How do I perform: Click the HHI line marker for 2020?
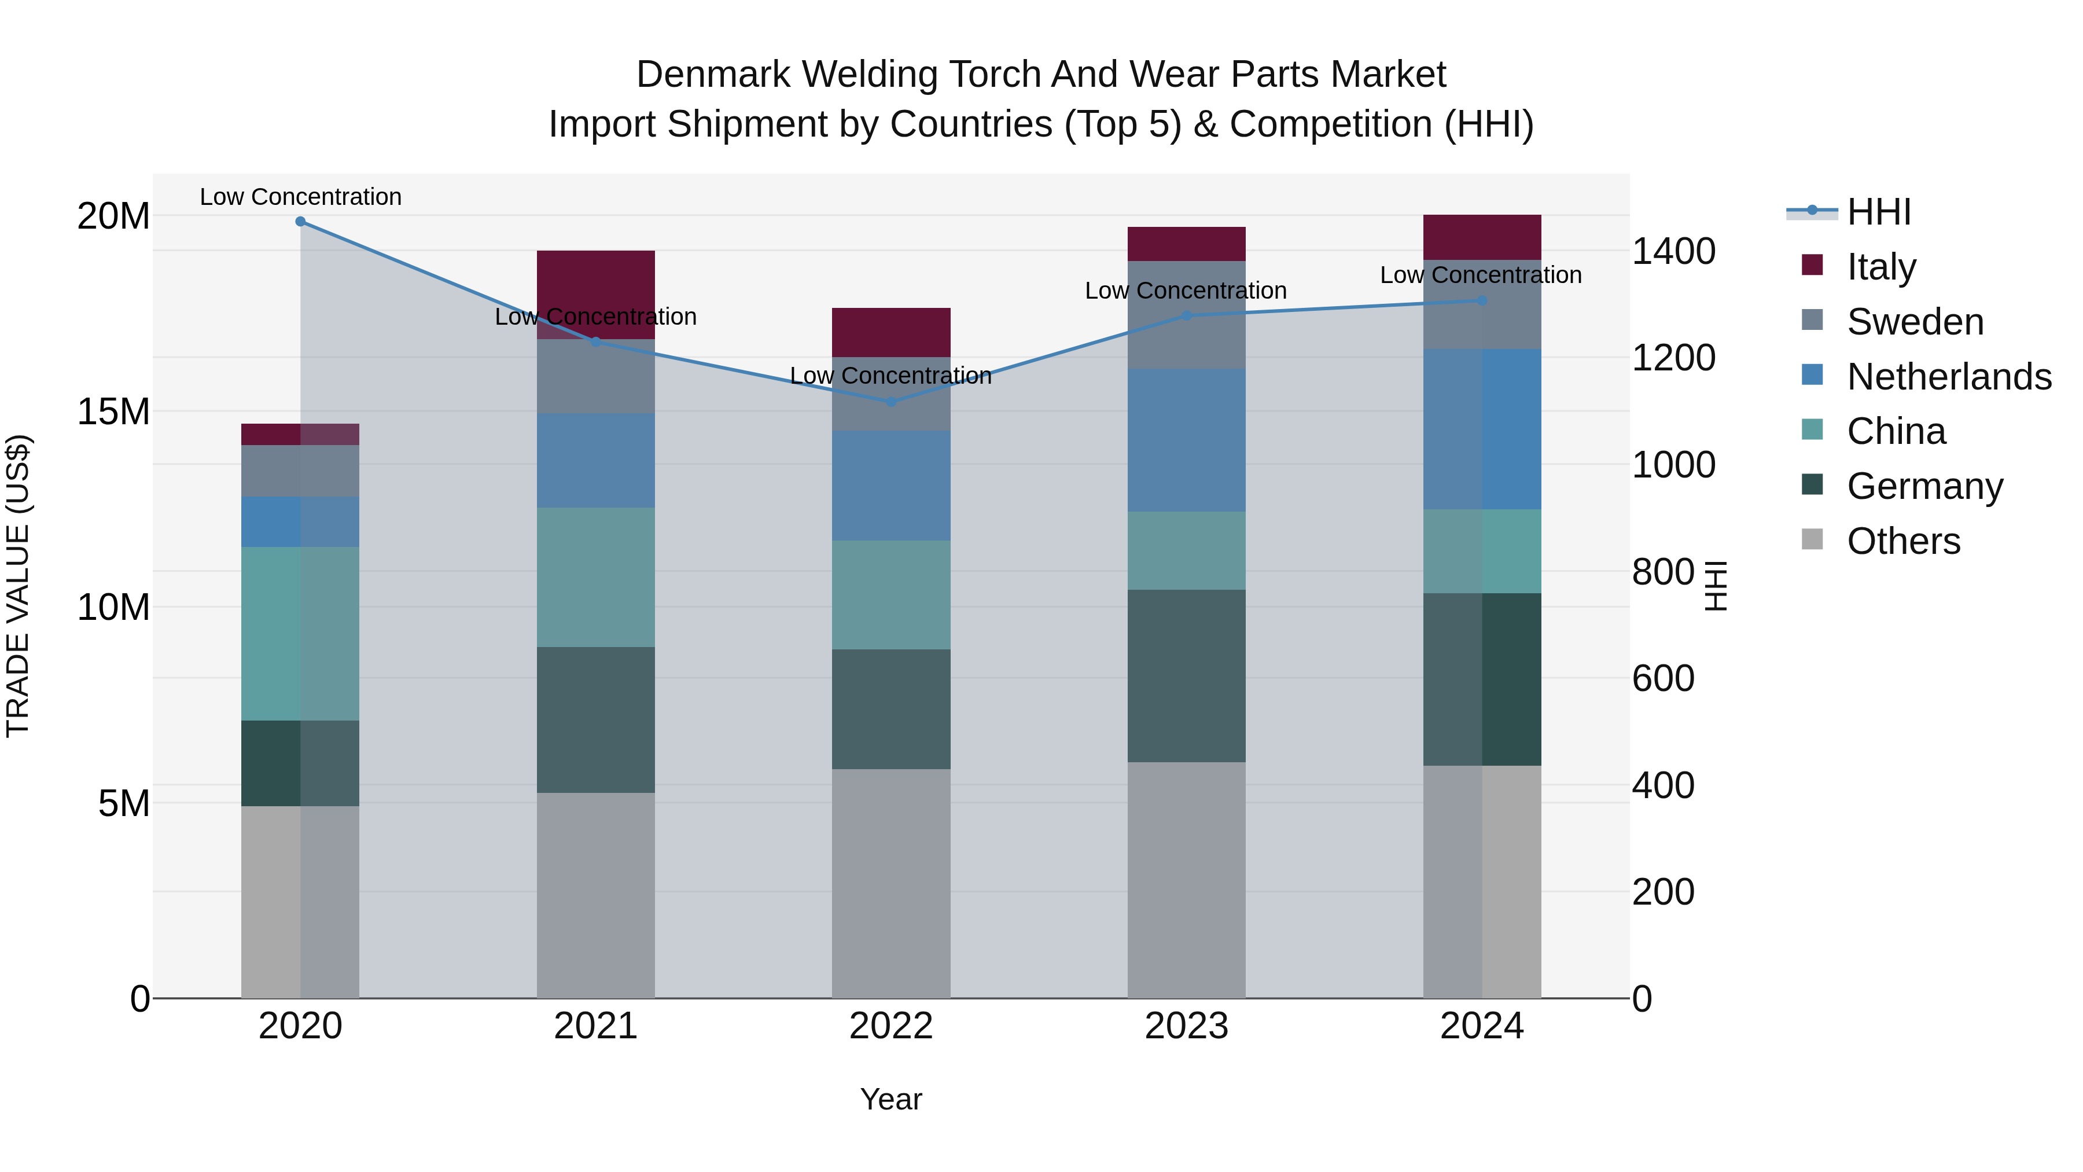point(300,222)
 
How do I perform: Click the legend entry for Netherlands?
point(1949,377)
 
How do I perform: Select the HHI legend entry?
point(1878,212)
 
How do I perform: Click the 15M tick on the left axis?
point(113,412)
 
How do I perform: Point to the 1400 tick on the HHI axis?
point(1673,252)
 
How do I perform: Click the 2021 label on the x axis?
point(596,1026)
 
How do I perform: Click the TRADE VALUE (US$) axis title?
point(18,586)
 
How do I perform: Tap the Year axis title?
point(891,1099)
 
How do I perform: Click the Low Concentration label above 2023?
point(1186,291)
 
